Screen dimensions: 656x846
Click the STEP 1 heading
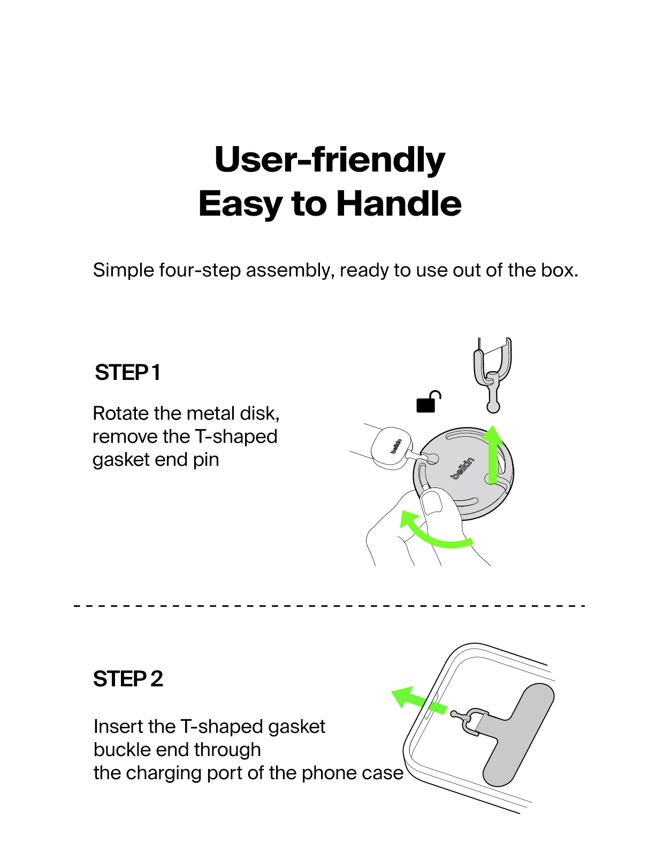pos(127,372)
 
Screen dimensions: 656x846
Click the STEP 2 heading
pos(128,679)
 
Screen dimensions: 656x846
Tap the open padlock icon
pos(428,401)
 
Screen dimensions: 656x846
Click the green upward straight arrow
pos(492,454)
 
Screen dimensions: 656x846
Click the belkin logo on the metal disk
pos(462,468)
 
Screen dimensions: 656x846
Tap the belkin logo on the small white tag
pos(396,446)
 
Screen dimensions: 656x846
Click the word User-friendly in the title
pos(330,159)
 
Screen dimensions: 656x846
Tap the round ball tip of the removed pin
pos(493,408)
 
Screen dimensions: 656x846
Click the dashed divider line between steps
pos(330,606)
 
